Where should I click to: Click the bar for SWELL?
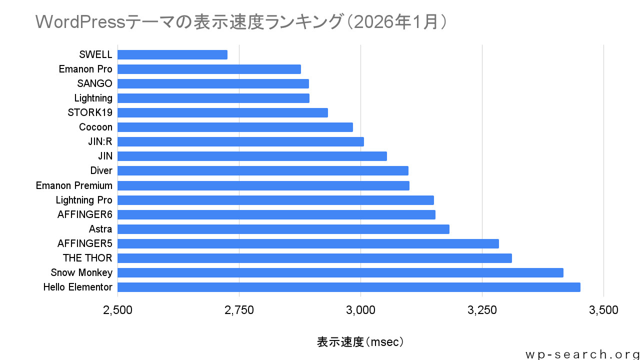click(172, 54)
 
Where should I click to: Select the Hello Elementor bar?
click(349, 287)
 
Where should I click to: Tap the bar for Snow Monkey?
click(340, 272)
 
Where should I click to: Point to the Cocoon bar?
click(235, 127)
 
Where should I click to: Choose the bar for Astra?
click(283, 229)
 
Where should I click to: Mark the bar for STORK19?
click(223, 112)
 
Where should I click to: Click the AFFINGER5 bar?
click(308, 243)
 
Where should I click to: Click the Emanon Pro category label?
click(85, 69)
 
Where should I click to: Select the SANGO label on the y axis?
click(94, 83)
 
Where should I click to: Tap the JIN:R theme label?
click(100, 141)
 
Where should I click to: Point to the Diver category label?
click(101, 170)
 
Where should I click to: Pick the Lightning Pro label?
click(84, 200)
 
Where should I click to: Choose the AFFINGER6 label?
click(85, 214)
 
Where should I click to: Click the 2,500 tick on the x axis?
click(118, 310)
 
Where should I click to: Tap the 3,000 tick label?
click(361, 310)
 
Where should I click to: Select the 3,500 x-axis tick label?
click(604, 310)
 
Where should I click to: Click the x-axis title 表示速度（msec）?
click(360, 342)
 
